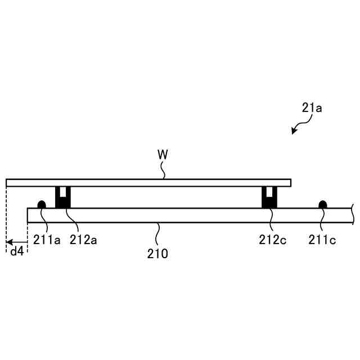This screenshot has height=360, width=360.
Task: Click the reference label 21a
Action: click(x=312, y=108)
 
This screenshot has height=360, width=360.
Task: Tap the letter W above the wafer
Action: click(x=163, y=155)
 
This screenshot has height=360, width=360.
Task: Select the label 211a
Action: click(x=47, y=240)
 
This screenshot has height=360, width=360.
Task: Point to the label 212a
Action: click(x=83, y=240)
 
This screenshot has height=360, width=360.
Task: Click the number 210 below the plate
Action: click(x=157, y=254)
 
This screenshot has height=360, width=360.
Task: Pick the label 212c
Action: click(x=272, y=240)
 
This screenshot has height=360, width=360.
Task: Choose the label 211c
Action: click(x=322, y=240)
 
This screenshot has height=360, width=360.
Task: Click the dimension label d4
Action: click(x=17, y=251)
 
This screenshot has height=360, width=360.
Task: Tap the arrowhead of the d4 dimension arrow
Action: click(x=9, y=242)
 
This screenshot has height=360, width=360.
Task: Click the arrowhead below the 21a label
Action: click(x=294, y=131)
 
